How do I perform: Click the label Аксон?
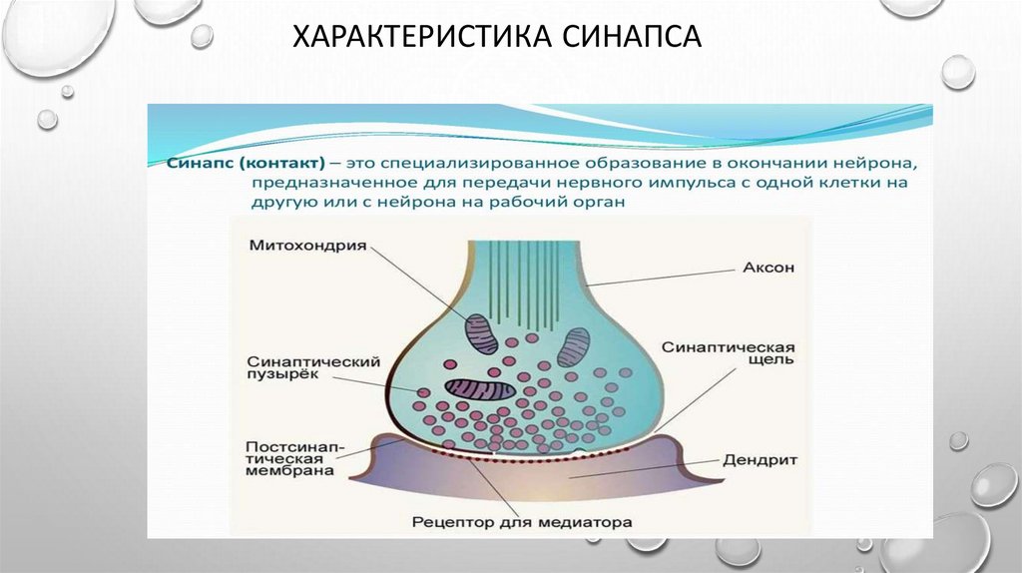[766, 269]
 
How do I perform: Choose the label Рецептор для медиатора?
[523, 521]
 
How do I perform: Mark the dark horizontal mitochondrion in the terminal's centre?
[480, 388]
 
